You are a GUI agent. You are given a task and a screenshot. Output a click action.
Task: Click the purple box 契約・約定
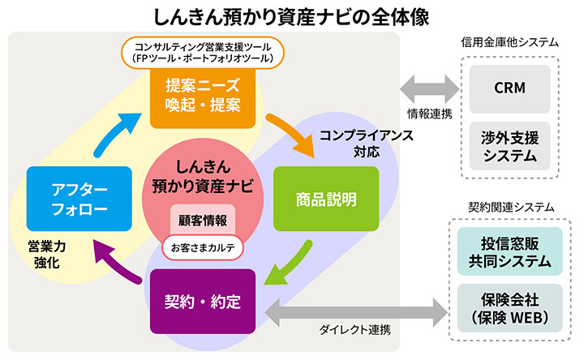click(204, 301)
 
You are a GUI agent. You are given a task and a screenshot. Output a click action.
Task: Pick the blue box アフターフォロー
click(79, 198)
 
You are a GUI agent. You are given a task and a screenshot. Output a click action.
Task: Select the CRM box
click(509, 87)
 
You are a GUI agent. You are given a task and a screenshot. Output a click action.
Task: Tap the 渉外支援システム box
click(509, 144)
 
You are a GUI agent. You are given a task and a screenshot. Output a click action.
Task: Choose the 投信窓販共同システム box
click(509, 251)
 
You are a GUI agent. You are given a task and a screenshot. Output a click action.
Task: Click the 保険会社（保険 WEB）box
click(509, 306)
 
